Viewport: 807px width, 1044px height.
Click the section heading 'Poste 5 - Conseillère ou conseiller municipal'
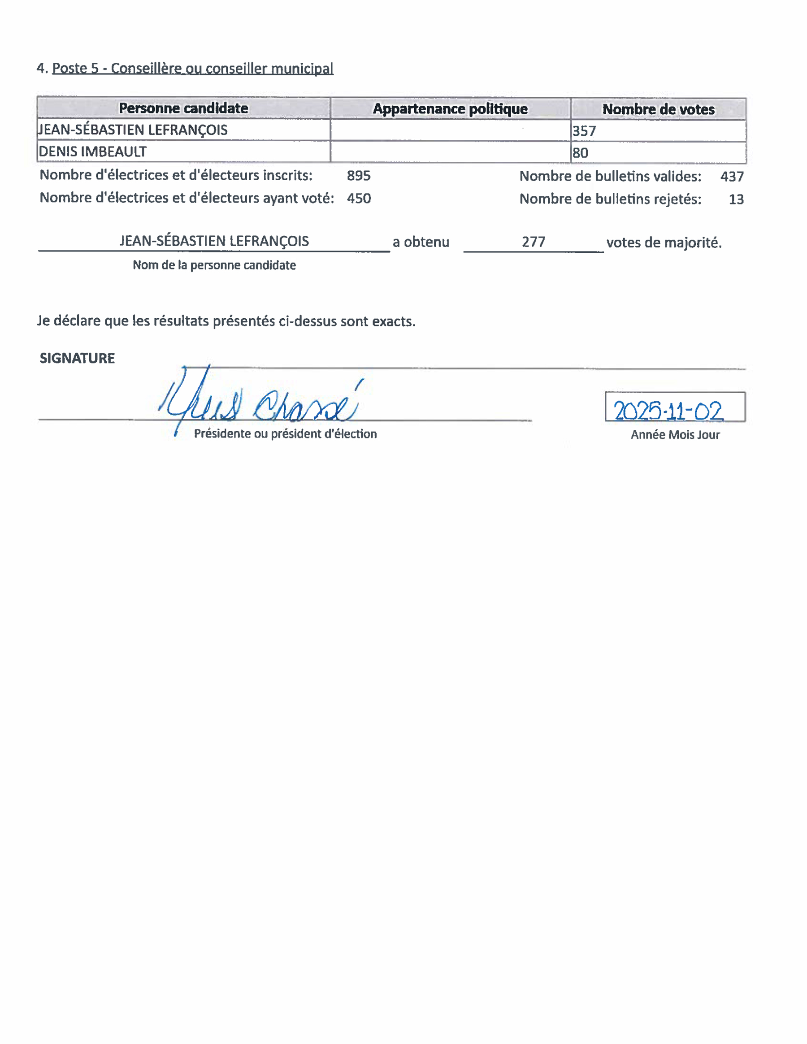[192, 68]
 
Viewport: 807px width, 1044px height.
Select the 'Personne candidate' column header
[183, 108]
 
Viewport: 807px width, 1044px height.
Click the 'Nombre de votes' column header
[658, 109]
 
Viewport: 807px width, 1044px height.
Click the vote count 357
[584, 131]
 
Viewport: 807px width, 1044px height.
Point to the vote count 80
[581, 153]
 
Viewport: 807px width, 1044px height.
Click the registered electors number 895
[359, 176]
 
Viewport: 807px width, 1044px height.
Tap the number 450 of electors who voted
[359, 199]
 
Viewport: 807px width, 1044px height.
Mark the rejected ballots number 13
[736, 199]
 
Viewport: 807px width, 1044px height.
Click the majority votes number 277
[533, 242]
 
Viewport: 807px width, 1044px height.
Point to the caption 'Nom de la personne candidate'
[214, 265]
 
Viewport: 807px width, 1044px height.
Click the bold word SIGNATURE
[77, 359]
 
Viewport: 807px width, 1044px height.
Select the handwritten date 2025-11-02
[668, 411]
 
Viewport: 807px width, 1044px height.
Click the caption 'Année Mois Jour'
[675, 434]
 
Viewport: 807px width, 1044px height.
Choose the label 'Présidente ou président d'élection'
[285, 434]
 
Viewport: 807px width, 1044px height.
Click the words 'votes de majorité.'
[664, 243]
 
